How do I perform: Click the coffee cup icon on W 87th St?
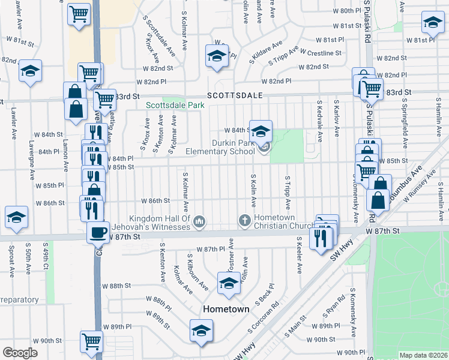point(98,232)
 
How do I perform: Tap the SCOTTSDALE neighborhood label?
point(232,95)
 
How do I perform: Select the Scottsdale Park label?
point(175,105)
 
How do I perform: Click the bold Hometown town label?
point(226,309)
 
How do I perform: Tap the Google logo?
point(20,353)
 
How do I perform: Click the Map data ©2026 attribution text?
point(423,355)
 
